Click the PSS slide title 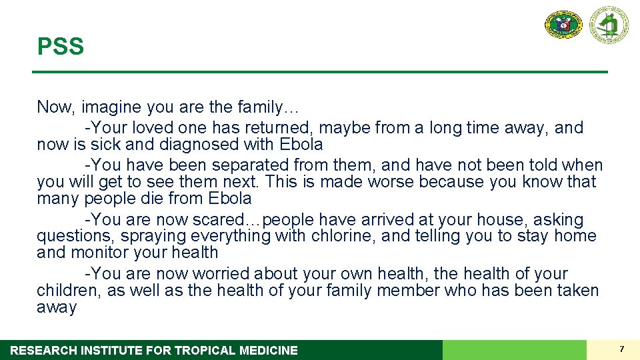[x=61, y=47]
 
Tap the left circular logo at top [x=563, y=25]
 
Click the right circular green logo [x=608, y=25]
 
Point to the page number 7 [x=621, y=349]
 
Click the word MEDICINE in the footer [x=268, y=350]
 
